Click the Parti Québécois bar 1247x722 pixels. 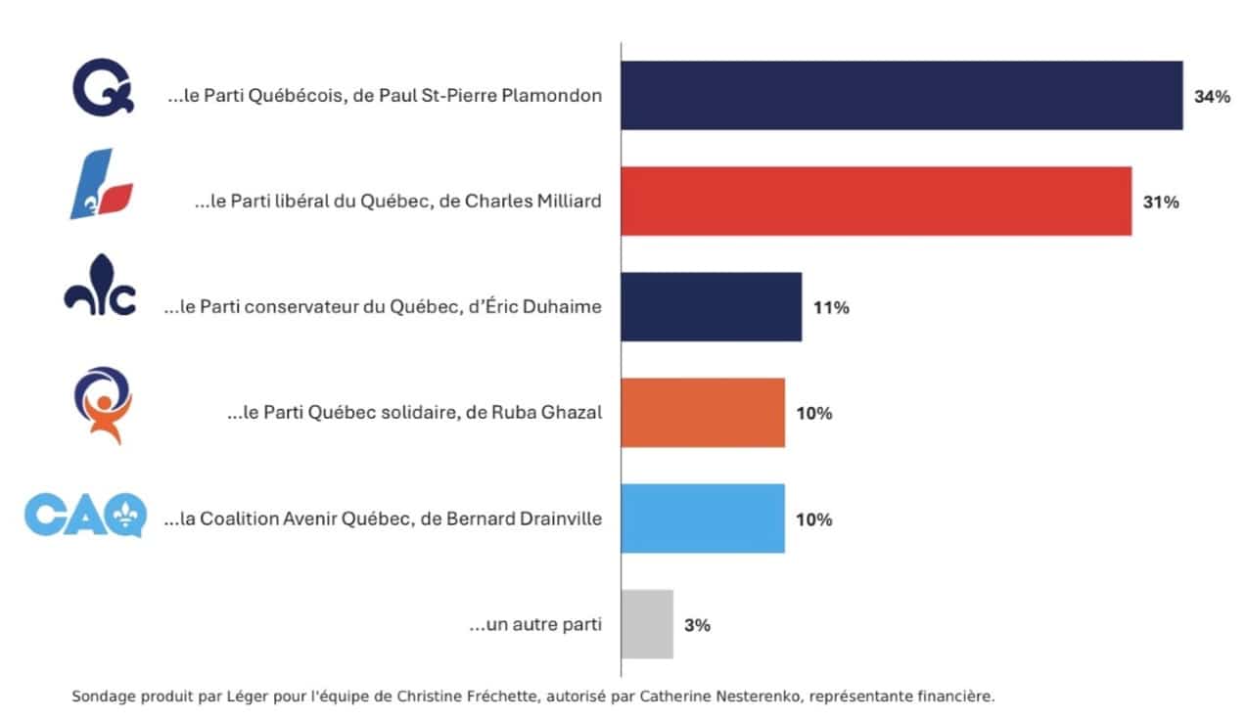(901, 96)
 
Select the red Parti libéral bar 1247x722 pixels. (876, 202)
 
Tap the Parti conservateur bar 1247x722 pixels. (711, 307)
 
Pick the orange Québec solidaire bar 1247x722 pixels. (703, 413)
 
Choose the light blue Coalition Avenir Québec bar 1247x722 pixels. (703, 519)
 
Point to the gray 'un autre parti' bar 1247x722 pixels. (647, 624)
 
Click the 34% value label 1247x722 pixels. (1211, 97)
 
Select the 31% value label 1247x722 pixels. (1161, 203)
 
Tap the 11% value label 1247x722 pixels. (831, 308)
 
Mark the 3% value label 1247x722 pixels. (697, 625)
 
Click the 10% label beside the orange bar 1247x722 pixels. (814, 414)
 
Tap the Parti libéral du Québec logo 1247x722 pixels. (101, 185)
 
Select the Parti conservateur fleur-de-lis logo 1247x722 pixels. (100, 291)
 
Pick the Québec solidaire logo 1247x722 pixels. (102, 404)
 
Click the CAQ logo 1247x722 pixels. (85, 515)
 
